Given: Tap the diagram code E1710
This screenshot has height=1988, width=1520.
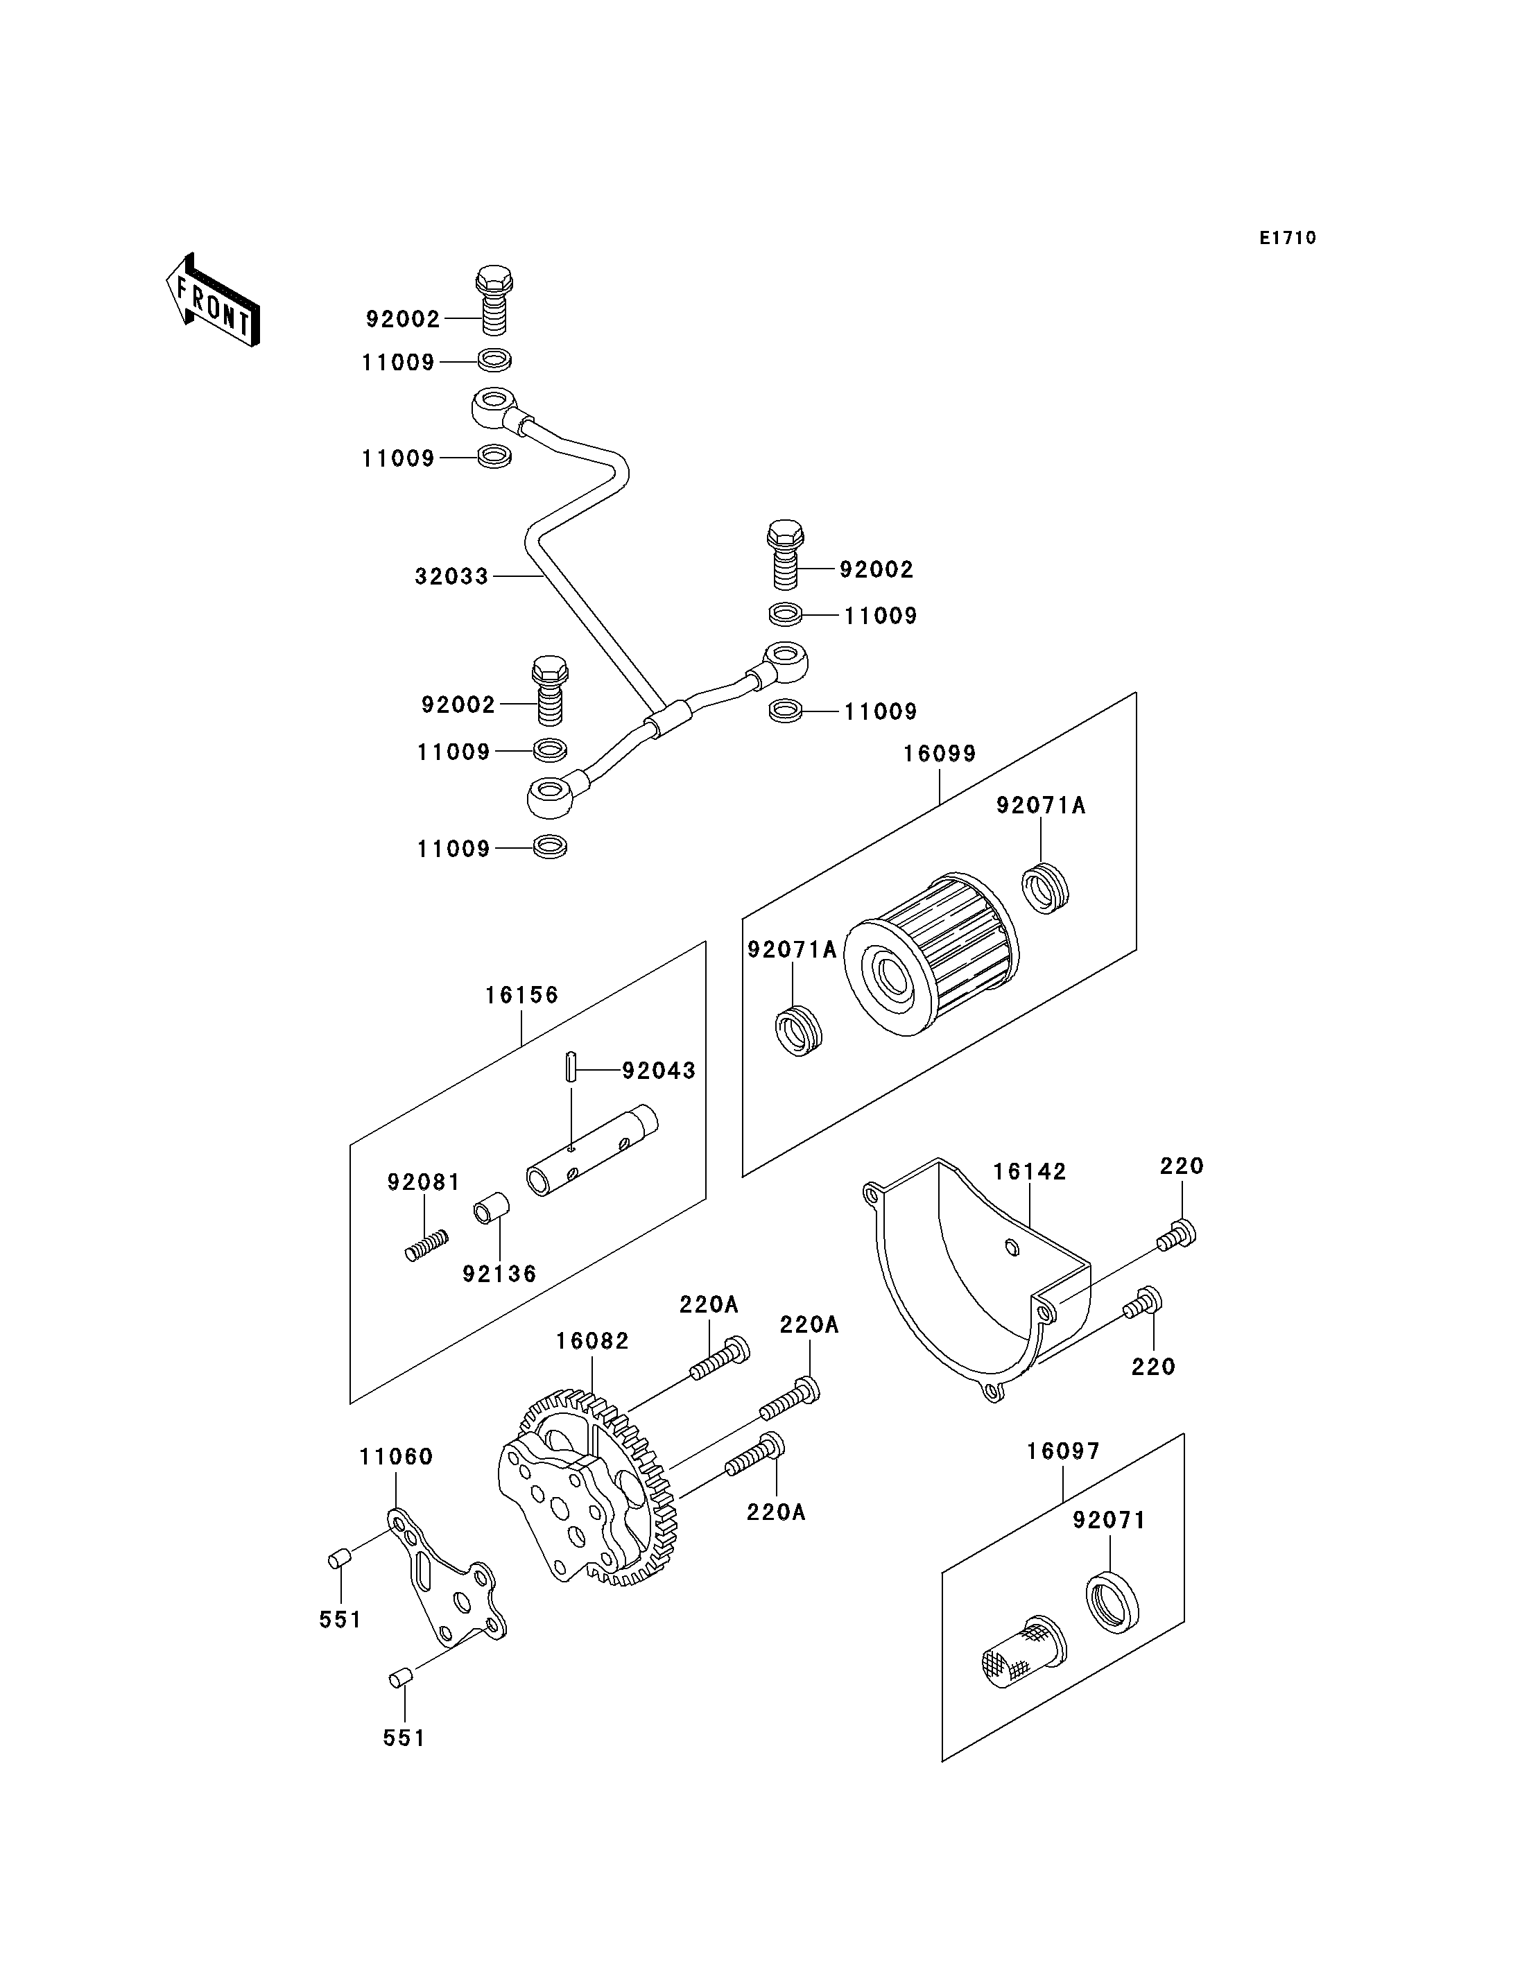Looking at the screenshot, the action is (1288, 238).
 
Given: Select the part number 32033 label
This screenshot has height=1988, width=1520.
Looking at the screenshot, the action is (451, 576).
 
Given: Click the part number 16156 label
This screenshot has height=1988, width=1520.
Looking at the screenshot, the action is (522, 995).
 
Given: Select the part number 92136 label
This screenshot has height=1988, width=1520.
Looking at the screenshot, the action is (499, 1274).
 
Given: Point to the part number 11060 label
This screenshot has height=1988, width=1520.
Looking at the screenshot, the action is (396, 1457).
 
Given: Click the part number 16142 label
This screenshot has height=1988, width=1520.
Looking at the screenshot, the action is (1030, 1172).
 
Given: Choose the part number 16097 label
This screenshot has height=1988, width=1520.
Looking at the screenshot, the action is (1063, 1451).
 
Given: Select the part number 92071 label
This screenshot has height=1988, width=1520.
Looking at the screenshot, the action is (1110, 1521).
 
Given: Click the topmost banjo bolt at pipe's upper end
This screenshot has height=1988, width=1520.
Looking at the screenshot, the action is (493, 300).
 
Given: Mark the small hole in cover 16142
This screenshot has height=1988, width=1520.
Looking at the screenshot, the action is (1012, 1249).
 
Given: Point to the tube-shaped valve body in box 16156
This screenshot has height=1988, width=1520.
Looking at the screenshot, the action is (593, 1150).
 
